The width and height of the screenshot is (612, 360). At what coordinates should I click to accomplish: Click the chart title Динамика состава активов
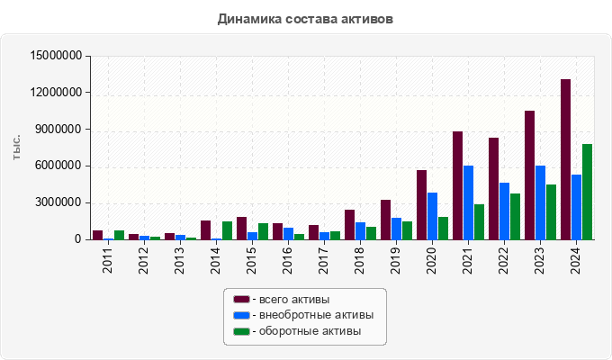click(x=306, y=18)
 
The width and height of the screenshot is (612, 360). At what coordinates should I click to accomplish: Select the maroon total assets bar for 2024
click(x=565, y=159)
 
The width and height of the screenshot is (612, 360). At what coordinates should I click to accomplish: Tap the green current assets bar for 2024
click(x=587, y=192)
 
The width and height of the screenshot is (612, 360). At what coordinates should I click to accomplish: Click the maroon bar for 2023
click(x=529, y=175)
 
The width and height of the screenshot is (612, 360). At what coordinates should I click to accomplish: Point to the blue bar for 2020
click(x=432, y=216)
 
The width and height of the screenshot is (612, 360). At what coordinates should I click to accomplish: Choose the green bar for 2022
click(x=515, y=216)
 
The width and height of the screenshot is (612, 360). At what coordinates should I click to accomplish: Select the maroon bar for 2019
click(x=385, y=220)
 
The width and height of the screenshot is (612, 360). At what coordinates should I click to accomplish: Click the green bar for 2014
click(x=227, y=230)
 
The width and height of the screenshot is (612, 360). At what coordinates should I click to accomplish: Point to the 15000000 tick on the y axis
click(x=56, y=56)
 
